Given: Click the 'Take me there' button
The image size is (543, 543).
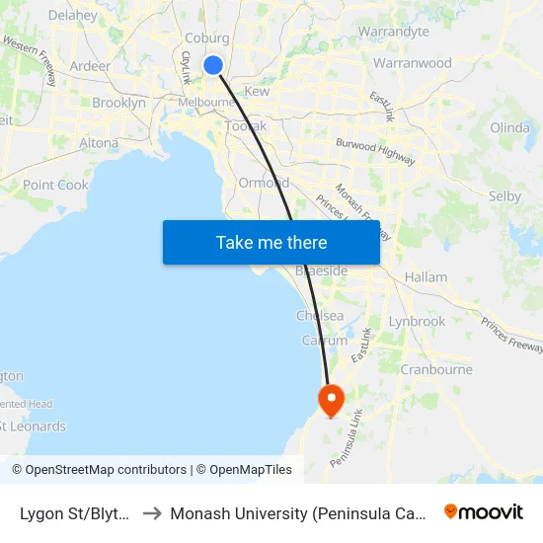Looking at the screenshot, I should click(271, 242).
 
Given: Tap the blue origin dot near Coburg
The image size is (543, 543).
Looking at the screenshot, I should click(213, 65).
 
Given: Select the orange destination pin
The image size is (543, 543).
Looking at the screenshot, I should click(330, 400).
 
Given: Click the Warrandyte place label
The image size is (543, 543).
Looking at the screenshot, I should click(394, 32).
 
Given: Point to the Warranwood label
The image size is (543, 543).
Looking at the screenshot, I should click(413, 63).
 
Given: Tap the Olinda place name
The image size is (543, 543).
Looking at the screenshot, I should click(509, 127).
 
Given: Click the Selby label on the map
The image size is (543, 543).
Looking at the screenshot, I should click(504, 196).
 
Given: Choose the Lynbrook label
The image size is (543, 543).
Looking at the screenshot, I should click(417, 321).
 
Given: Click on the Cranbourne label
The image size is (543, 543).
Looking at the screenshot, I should click(435, 369).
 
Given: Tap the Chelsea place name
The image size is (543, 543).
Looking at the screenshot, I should click(320, 316).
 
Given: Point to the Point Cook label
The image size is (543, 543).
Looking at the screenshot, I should click(55, 185).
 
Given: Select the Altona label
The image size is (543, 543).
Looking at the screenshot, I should click(99, 143).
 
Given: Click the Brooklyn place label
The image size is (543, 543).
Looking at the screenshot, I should click(118, 103).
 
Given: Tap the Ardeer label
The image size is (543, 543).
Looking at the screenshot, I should click(91, 66).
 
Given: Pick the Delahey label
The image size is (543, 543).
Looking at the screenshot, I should click(72, 16).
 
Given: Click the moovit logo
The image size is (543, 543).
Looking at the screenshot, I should click(484, 512).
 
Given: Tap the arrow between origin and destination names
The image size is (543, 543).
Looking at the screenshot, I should click(153, 513).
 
